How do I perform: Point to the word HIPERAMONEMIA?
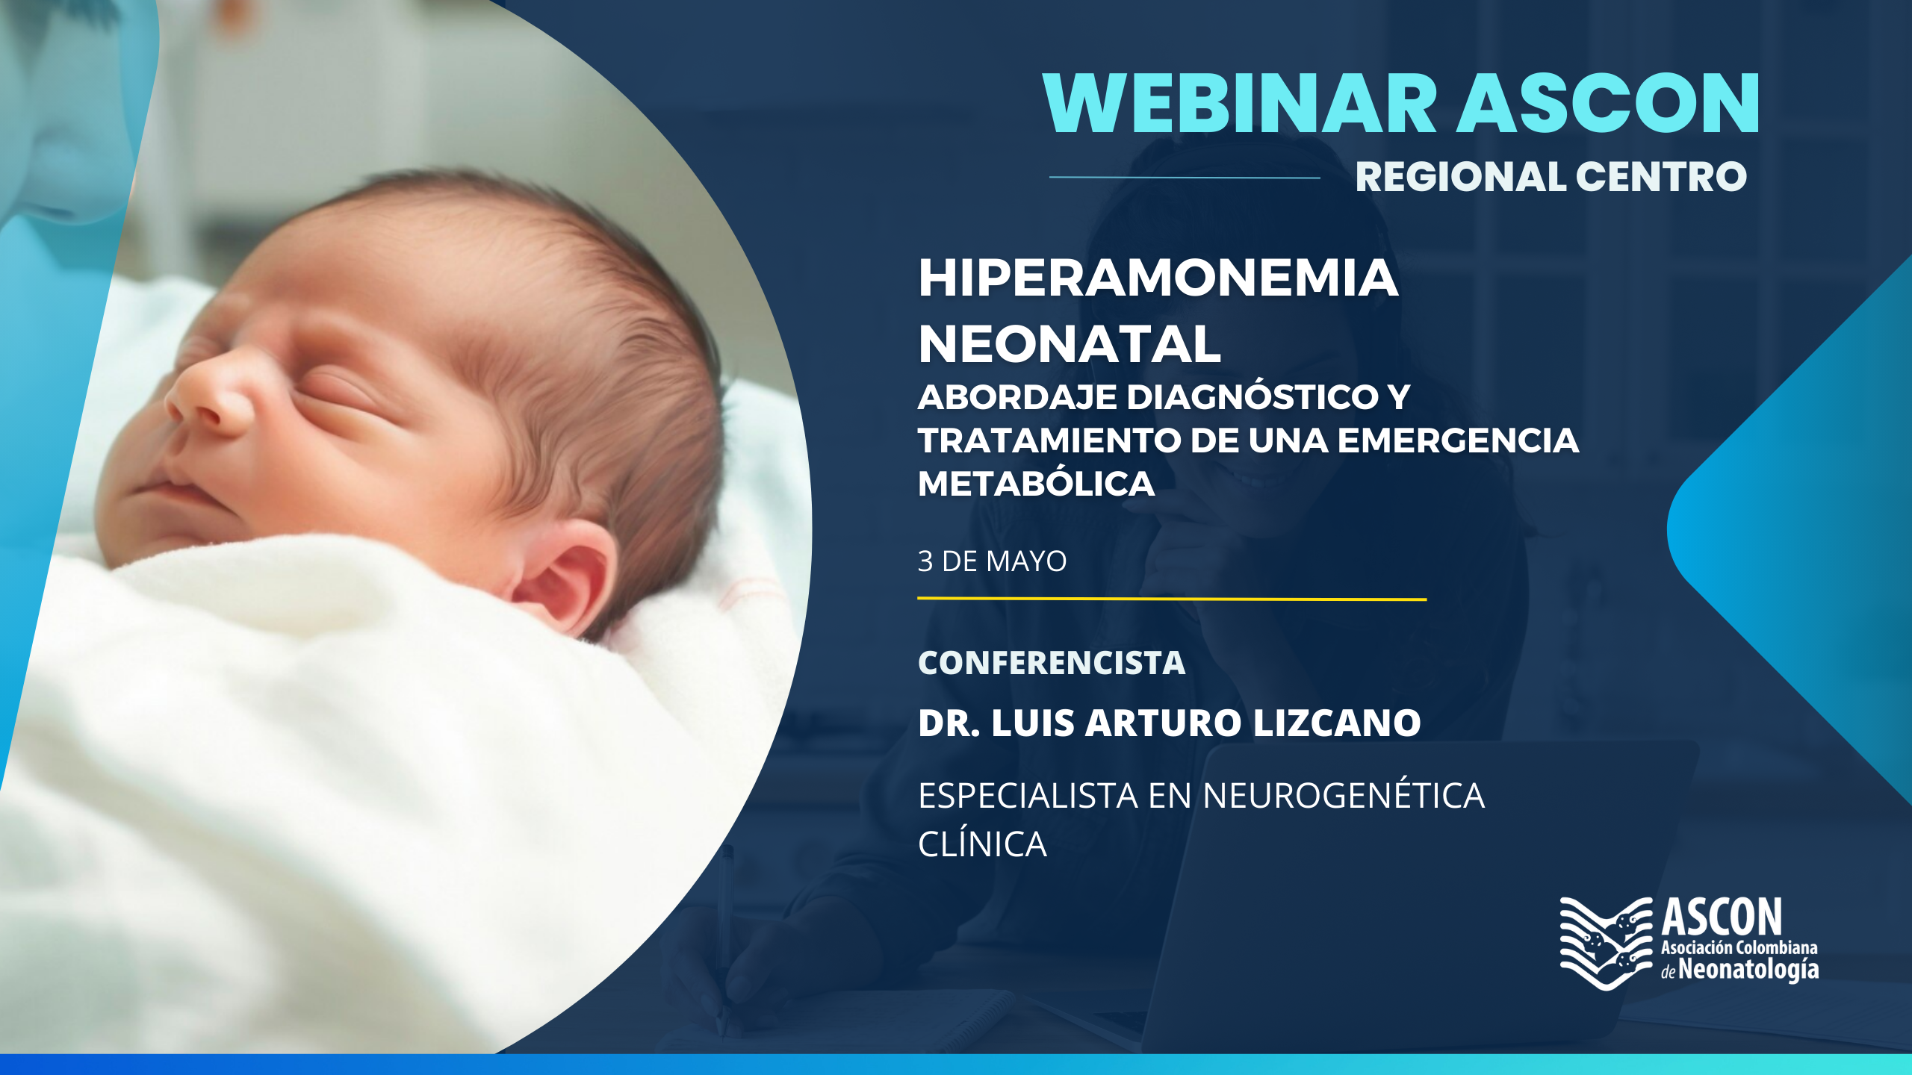1158,278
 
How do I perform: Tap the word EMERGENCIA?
1458,440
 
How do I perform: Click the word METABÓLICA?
1036,483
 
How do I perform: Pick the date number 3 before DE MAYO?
925,561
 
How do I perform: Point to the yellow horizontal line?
1172,599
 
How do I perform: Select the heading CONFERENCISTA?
1052,663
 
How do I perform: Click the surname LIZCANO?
1337,723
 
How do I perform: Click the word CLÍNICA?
982,844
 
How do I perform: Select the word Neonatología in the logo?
1748,970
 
